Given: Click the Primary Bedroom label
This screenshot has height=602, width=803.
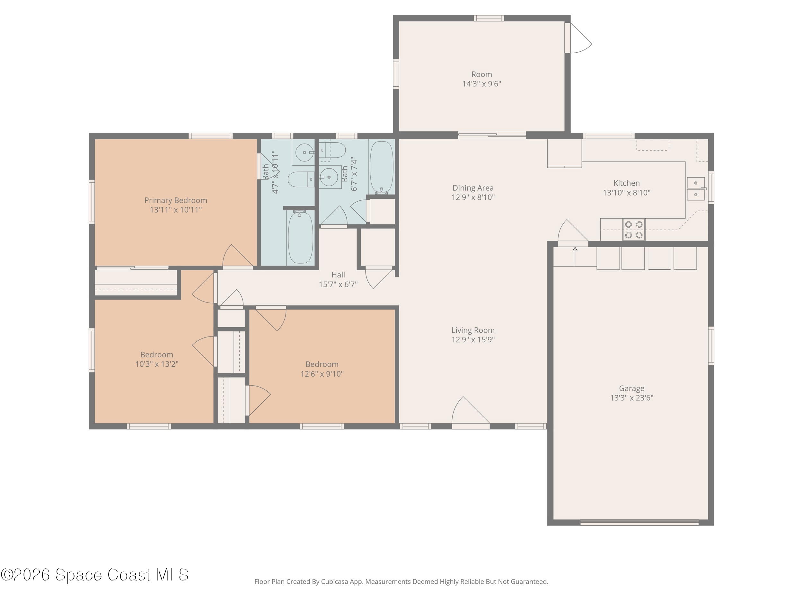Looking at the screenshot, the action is pos(176,200).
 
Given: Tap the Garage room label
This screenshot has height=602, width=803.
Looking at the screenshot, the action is pos(632,388).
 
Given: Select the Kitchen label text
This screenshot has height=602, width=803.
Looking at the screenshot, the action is pos(627,183).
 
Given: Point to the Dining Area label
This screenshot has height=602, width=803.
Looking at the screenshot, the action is pos(473,188).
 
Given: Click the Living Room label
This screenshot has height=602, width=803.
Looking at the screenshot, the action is pos(473,330).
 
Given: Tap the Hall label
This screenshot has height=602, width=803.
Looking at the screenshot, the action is pos(338,275).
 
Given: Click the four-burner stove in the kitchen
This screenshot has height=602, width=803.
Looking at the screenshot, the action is pos(634,229).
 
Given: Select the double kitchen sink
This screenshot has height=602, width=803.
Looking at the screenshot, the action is pos(696,189).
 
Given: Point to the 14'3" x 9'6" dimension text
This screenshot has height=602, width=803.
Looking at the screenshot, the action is pos(482,84).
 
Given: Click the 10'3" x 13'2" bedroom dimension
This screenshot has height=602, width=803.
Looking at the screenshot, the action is pos(157,364).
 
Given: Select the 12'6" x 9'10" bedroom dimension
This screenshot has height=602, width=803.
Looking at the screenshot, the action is pos(322,374).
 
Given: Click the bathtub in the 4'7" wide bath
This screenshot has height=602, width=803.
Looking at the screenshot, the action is pos(300,238).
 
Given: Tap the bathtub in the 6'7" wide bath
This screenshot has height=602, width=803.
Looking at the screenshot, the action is pos(381,167).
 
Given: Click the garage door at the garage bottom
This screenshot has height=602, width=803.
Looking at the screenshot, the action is pos(639,522).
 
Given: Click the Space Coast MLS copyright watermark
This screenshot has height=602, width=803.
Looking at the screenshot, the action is pos(95,575).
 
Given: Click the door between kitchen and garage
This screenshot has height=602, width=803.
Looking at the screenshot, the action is pos(573,233).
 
